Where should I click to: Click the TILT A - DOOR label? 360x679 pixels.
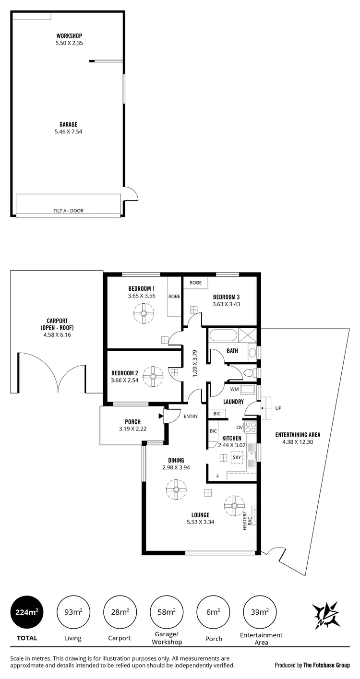tap(68, 211)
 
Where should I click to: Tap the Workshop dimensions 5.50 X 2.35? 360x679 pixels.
tap(70, 43)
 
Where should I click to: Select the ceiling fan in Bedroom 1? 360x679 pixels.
tap(143, 314)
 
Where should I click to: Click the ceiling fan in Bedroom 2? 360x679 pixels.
tap(154, 376)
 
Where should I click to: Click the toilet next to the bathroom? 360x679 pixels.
tap(249, 373)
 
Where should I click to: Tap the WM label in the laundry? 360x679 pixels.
tap(234, 389)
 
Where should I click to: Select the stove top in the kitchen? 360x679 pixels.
tap(252, 427)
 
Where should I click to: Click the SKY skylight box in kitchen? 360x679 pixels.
tap(237, 457)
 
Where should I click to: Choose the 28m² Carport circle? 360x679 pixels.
tap(120, 612)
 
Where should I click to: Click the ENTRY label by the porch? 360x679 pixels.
tap(191, 416)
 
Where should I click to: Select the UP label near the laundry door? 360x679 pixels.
tap(278, 408)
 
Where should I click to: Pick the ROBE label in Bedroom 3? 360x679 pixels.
tap(196, 283)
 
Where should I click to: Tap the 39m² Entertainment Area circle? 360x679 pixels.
tap(261, 612)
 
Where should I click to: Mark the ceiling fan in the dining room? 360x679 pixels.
tap(176, 489)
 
